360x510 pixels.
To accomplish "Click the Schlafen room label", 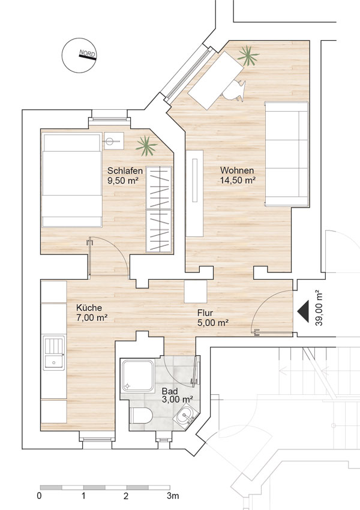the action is coord(125,170).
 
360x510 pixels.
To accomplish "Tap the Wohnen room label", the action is coord(237,170).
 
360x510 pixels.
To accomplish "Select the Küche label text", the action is coord(89,307).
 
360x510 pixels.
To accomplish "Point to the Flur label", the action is coord(205,313).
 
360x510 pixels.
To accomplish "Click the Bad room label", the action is coord(170,391).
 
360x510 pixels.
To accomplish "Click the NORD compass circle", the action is coord(80,55).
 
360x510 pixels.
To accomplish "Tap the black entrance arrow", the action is coord(303,311).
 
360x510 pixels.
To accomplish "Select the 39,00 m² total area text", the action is coord(319,308).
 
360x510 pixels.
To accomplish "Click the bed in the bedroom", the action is coord(71,180).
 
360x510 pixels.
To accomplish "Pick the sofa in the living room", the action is coord(287,154).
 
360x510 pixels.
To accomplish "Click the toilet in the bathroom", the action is coord(141,415).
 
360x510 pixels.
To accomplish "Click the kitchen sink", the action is coord(54,353).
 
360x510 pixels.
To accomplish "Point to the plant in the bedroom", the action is coord(146,146).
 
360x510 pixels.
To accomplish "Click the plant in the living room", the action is coord(248,56).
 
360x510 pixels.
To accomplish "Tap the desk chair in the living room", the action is coord(234,90).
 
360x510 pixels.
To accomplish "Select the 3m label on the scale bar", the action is coord(173,496).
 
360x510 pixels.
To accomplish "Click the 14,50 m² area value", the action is coord(238,180).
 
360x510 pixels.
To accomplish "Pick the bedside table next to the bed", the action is coord(114,141).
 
